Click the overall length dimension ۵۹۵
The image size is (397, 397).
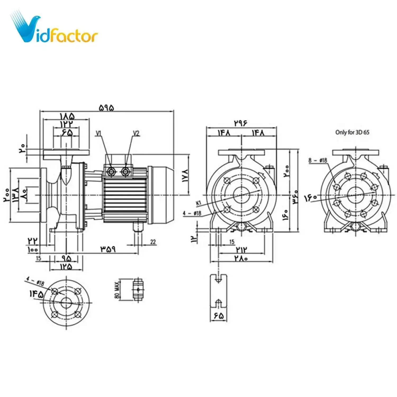click(x=106, y=108)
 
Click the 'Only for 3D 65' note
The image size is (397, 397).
click(x=352, y=132)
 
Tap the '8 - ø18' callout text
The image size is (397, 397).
click(x=318, y=160)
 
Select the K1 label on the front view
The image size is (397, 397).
click(x=199, y=203)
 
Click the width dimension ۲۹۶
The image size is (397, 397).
click(x=241, y=123)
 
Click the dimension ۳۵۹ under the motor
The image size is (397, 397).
click(x=108, y=249)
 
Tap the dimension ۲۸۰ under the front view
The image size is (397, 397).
click(x=241, y=258)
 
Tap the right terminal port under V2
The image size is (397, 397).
click(x=125, y=172)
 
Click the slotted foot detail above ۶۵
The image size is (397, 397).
click(x=218, y=291)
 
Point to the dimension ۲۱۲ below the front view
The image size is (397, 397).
click(x=241, y=250)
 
